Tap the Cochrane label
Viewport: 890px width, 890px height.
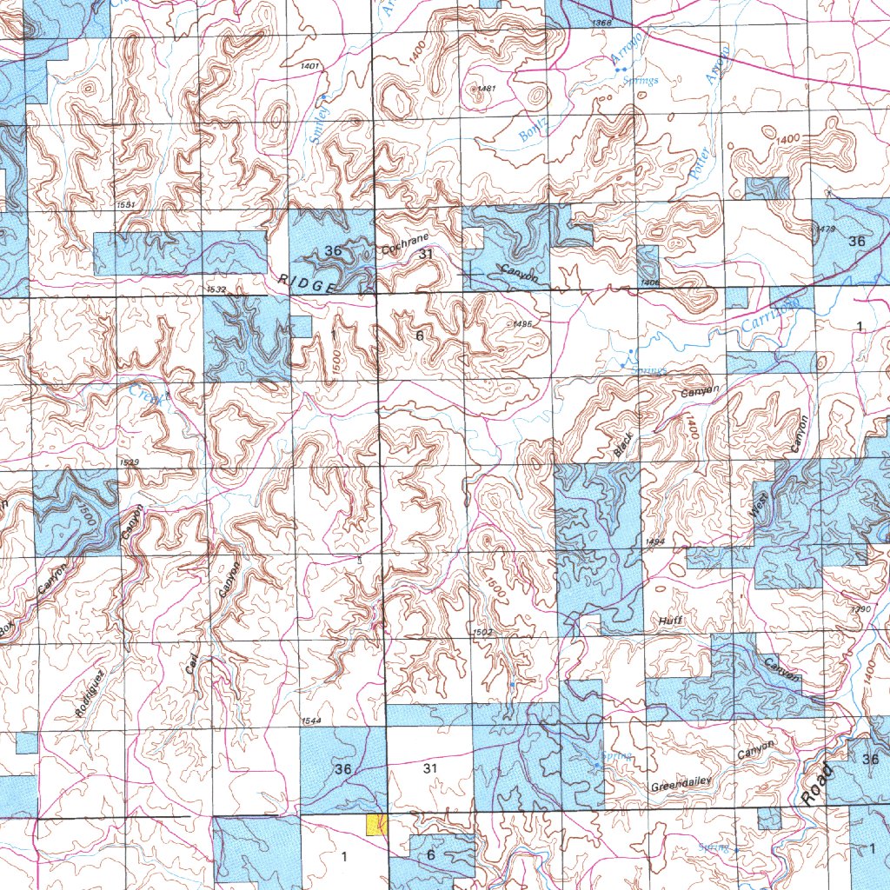tap(405, 245)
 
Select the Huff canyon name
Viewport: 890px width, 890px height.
tap(670, 621)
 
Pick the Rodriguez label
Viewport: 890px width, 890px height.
tap(90, 694)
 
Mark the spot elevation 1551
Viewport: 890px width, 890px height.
tap(125, 204)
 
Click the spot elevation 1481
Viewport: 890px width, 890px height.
tap(486, 89)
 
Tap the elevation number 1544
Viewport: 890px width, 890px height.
tap(312, 721)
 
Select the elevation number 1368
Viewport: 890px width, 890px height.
tap(600, 22)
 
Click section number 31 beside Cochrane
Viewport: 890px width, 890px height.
tap(426, 254)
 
